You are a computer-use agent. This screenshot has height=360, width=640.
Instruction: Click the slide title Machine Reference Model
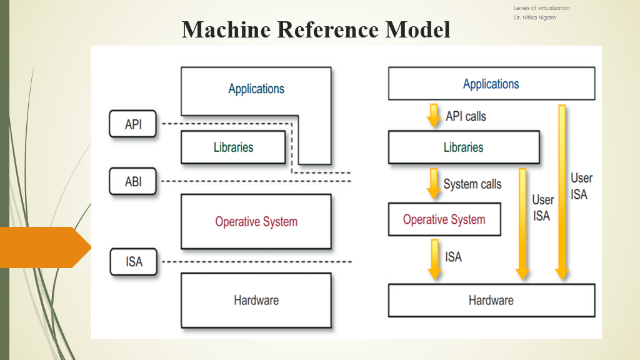(316, 29)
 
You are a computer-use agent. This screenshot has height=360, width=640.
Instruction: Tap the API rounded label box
(133, 124)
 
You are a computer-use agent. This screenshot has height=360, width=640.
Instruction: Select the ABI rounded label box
(133, 181)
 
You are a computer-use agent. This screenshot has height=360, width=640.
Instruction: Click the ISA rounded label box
(133, 261)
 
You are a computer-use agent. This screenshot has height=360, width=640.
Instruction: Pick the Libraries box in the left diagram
(233, 147)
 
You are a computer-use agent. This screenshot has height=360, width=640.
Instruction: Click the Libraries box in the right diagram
(464, 147)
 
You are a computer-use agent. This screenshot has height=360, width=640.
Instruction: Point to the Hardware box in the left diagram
(256, 300)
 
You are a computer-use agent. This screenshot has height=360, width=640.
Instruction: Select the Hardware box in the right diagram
(491, 300)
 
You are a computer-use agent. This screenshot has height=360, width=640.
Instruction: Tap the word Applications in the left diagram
(256, 89)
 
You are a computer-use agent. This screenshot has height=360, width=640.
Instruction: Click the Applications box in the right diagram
(491, 84)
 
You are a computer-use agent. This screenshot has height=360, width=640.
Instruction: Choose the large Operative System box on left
(256, 221)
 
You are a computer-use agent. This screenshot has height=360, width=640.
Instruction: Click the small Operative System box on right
(444, 219)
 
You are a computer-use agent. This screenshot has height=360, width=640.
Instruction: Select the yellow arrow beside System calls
(434, 183)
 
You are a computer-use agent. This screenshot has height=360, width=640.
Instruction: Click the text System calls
(472, 184)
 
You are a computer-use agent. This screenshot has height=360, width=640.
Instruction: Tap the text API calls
(466, 116)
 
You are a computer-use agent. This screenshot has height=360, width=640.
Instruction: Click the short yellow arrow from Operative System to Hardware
(434, 258)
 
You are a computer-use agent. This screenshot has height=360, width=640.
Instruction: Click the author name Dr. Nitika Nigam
(534, 17)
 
